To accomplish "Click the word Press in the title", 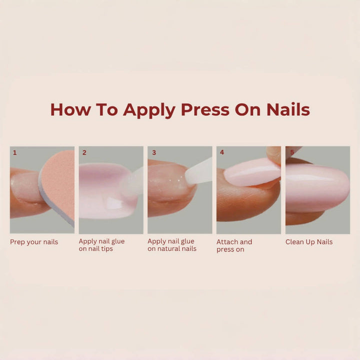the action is click(205, 110).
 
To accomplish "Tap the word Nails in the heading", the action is click(288, 109).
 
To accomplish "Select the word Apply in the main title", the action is click(149, 111).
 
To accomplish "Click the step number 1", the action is click(14, 153).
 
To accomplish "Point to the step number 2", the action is click(84, 153).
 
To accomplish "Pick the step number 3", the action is click(154, 153).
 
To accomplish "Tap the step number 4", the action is click(222, 152).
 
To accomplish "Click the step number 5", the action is click(292, 152).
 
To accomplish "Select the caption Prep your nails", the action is click(34, 242).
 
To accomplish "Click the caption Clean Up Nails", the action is click(309, 242).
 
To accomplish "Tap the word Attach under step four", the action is click(226, 242).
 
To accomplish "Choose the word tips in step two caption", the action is click(106, 249).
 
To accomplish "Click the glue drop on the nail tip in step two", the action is click(114, 203).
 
